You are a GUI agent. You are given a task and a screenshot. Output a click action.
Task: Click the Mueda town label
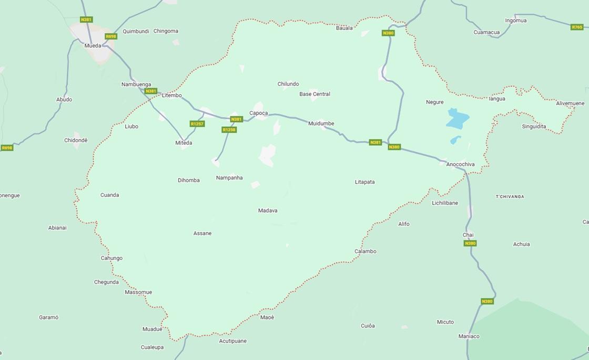click(93, 46)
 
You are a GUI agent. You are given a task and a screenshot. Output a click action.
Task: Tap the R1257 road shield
click(197, 124)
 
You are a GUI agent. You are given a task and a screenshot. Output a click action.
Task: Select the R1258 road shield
click(229, 130)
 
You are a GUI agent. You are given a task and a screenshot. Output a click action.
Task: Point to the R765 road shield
click(577, 27)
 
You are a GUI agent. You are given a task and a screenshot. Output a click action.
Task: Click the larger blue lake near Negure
click(456, 119)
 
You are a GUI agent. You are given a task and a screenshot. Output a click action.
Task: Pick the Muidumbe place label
click(321, 124)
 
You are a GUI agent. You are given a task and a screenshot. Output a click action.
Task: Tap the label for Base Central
click(314, 94)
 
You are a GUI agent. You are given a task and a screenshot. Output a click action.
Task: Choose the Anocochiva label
click(460, 164)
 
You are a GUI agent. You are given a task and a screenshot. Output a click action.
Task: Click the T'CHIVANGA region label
click(510, 197)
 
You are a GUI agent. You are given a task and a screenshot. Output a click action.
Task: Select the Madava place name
click(268, 211)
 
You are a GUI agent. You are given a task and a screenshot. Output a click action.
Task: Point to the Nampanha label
click(229, 178)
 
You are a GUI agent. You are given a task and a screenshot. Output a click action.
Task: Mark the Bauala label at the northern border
click(344, 28)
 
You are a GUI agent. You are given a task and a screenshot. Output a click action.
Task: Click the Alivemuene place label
click(570, 104)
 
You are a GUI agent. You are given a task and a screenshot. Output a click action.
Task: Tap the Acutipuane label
click(232, 341)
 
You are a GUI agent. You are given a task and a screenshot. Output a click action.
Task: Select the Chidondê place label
click(76, 141)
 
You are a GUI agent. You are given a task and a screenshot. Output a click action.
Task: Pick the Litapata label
click(364, 182)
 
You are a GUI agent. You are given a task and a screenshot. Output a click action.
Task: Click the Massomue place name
click(138, 292)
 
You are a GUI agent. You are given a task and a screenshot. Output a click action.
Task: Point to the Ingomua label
click(515, 21)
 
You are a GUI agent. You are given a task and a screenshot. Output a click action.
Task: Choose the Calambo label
click(365, 252)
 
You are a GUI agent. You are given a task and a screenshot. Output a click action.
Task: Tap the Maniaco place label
click(469, 336)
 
